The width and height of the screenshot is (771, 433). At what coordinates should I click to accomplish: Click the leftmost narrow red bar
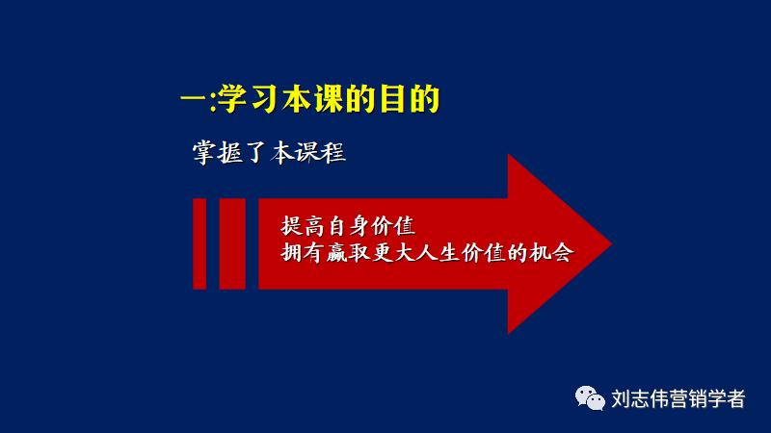(199, 242)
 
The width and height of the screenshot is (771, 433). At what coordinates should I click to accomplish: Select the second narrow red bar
(232, 242)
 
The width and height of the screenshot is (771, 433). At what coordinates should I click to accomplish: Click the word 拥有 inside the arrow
(300, 254)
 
